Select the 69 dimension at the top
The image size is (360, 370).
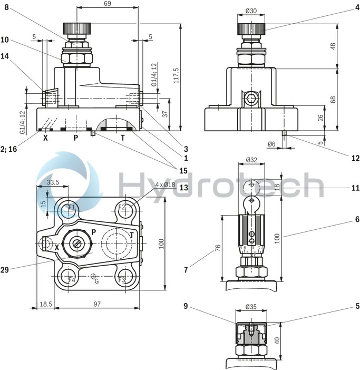coord(107,4)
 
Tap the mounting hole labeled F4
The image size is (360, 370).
coord(71,278)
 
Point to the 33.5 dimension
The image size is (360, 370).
coord(53,182)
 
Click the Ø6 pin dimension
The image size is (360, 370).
coord(271,144)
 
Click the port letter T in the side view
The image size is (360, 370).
coord(123,138)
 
